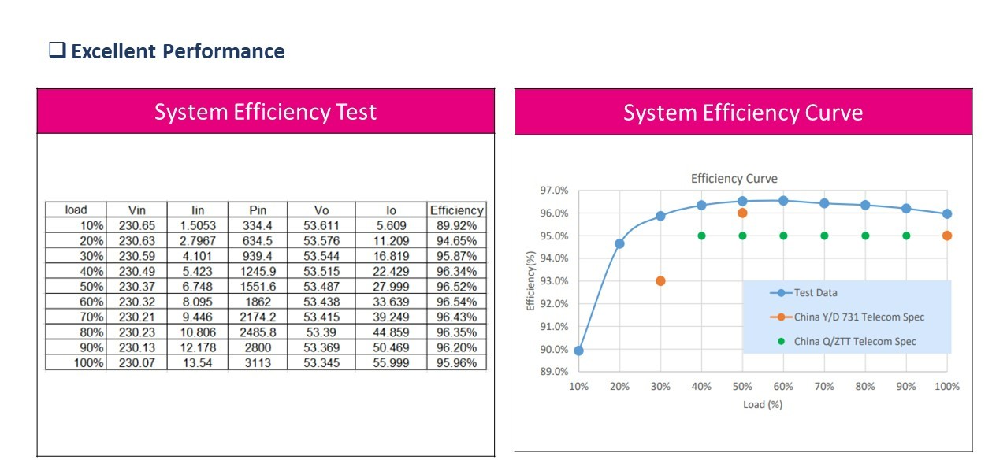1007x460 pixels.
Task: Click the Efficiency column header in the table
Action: tap(456, 210)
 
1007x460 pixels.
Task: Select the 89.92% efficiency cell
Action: tap(456, 225)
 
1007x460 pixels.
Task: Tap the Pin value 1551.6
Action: tap(258, 287)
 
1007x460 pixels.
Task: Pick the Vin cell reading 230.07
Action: tap(136, 362)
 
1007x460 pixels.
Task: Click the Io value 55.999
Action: tap(391, 362)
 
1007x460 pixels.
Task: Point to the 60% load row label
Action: tap(91, 302)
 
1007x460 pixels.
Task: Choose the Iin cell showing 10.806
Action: tap(198, 332)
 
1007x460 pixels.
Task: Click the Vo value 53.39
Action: tap(321, 332)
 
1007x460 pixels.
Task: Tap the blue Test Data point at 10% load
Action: tap(578, 351)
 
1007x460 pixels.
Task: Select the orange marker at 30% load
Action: tap(660, 280)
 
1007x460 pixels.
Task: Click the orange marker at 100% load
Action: tap(947, 236)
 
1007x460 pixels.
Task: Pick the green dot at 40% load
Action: tap(701, 236)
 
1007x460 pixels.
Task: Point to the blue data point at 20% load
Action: tap(619, 243)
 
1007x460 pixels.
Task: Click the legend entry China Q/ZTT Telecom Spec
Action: tap(847, 341)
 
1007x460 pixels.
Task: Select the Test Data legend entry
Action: tap(804, 293)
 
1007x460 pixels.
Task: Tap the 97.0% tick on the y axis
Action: tap(554, 191)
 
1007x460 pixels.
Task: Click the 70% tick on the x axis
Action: tap(824, 386)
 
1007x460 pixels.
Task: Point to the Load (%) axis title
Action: tap(763, 404)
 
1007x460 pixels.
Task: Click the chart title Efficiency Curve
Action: tap(734, 178)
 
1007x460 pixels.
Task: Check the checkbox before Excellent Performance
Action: tap(58, 50)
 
